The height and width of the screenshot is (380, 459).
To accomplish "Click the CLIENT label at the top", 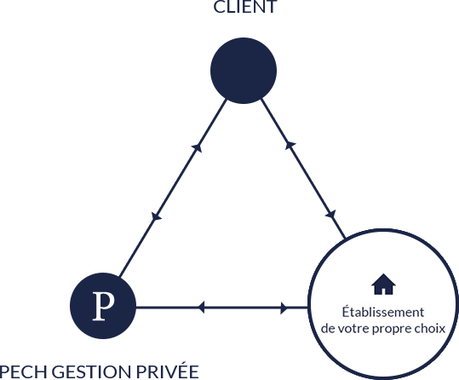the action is coord(245,7).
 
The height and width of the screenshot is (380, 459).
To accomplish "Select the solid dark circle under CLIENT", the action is coord(244,71).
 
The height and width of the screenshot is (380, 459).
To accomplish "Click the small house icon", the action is coord(383,285).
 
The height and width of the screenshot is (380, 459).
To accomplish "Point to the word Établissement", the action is coord(383,312).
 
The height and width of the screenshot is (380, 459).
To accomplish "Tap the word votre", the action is coord(353,328).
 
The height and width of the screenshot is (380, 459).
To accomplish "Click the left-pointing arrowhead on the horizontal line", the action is coord(201,308).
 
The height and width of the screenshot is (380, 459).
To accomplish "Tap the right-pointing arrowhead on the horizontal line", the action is coord(284,308).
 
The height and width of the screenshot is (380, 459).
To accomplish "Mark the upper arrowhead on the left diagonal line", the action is coord(197,147).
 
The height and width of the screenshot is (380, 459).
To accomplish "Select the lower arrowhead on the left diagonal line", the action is coord(156,216).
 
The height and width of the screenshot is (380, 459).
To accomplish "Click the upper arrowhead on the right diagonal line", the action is coord(290,145).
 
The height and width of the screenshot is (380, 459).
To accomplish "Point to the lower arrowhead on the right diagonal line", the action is coord(331,215).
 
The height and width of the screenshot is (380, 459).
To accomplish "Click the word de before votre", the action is coord(328,328).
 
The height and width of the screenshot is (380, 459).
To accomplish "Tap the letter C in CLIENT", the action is coord(219,7).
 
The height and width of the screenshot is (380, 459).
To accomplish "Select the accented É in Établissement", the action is coord(346,311).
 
